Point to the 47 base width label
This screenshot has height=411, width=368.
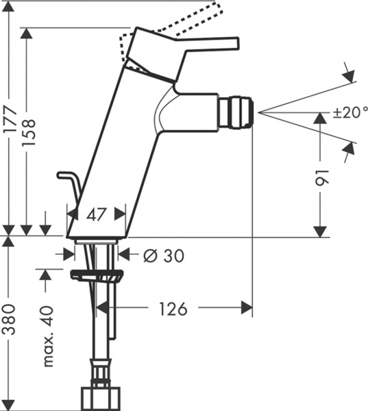[96, 214]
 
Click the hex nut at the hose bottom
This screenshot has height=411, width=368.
[99, 398]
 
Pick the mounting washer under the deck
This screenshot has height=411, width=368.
[97, 276]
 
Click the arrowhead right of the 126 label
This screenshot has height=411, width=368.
[245, 308]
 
